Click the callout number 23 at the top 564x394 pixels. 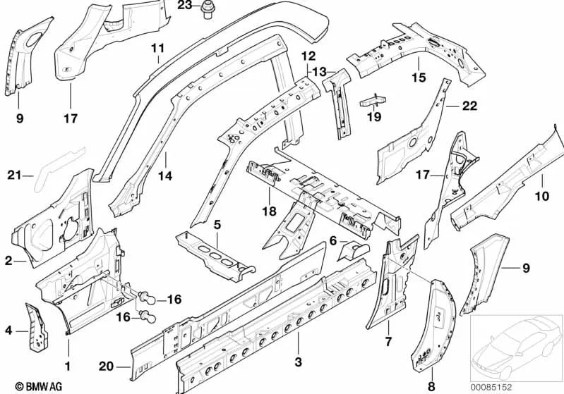(185, 6)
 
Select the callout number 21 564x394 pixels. (15, 176)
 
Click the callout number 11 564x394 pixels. (157, 48)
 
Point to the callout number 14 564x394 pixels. (165, 176)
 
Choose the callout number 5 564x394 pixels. (217, 226)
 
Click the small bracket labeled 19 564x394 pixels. (373, 100)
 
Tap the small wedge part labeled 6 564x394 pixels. (353, 252)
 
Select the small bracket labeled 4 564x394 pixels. (36, 327)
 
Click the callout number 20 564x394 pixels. (106, 367)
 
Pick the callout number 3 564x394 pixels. (298, 362)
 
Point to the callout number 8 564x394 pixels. (431, 386)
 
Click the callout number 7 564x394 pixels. (388, 341)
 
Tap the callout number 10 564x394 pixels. (542, 196)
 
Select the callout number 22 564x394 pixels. (469, 106)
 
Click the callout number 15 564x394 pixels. (419, 78)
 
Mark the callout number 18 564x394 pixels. (270, 211)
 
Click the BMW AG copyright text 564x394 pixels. (39, 386)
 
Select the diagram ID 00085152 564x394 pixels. (491, 387)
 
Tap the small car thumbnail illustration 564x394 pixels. (517, 348)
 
